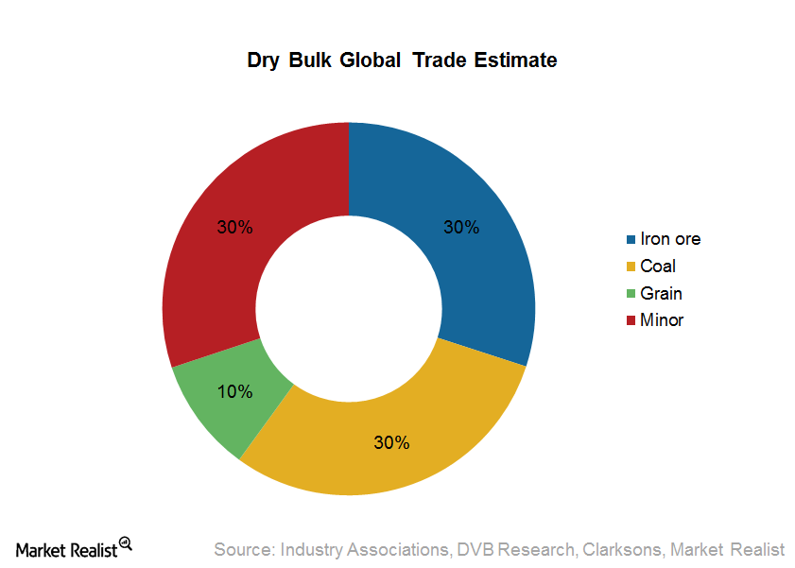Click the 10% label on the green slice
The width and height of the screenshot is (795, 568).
coord(234,391)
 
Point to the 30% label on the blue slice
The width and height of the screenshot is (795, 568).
coord(462,228)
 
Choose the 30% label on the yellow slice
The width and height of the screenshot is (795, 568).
coord(391,442)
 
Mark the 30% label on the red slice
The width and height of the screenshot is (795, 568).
coord(234,228)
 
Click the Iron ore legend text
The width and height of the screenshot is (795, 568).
coord(670,239)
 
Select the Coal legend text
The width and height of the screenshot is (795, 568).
coord(658,267)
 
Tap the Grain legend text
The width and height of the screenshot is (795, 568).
coord(661,293)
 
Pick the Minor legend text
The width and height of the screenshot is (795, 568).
coord(662,320)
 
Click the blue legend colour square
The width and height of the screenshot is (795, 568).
coord(631,240)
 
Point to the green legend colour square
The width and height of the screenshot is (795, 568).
coord(631,294)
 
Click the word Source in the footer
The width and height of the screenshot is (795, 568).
coord(241,549)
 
